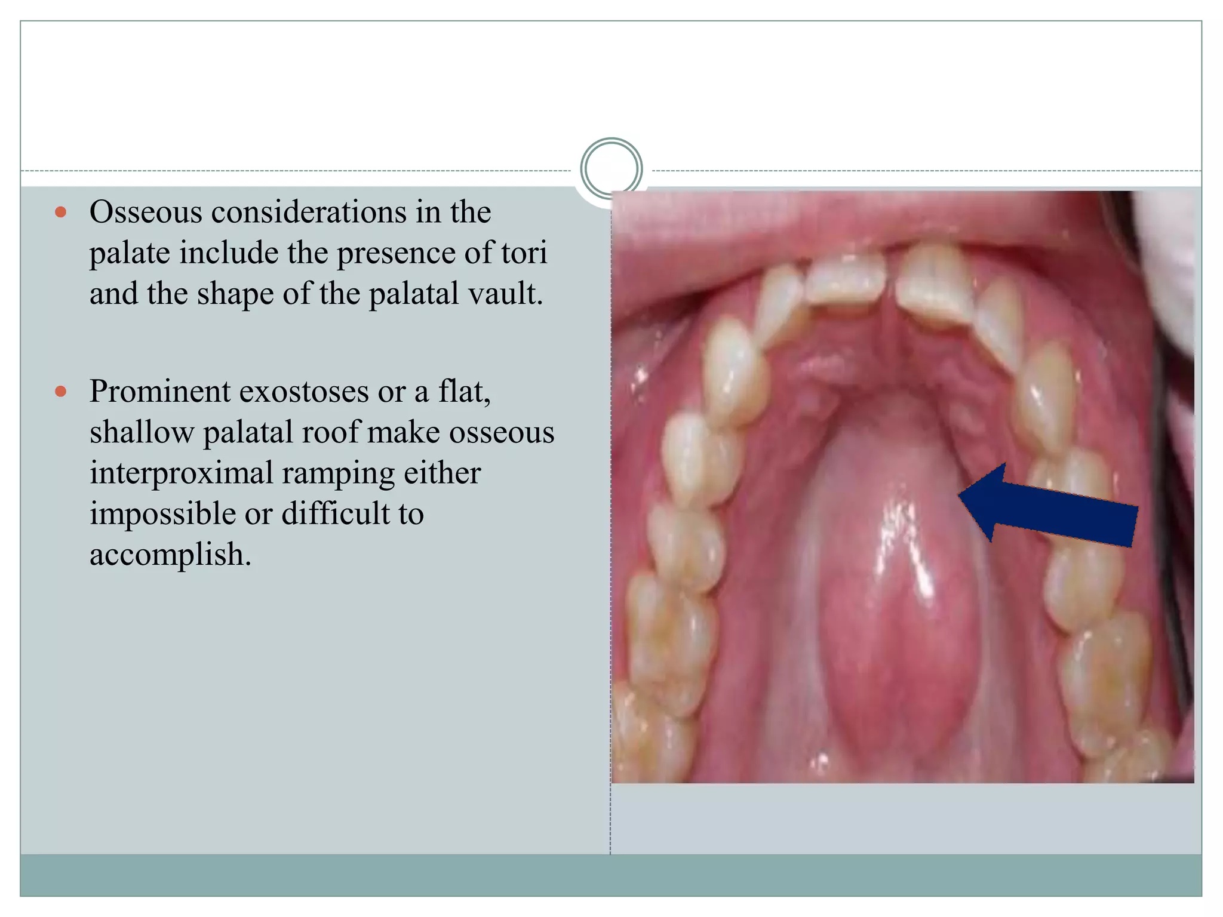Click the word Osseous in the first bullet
coord(146,212)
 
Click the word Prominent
coord(160,392)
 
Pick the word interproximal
coord(181,473)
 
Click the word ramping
coord(338,473)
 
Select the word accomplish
coord(170,555)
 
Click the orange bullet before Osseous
coord(60,212)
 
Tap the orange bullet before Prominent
coord(60,392)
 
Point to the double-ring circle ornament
coord(611,169)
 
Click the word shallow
coord(142,432)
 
